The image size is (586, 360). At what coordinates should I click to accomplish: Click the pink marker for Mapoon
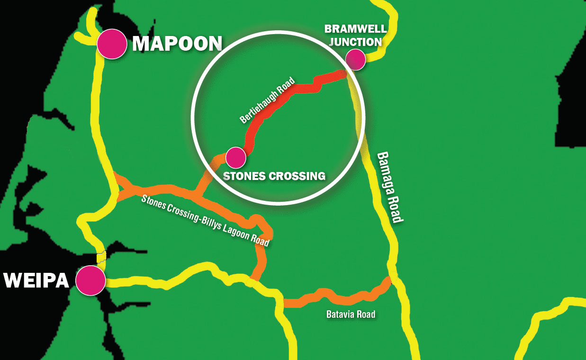click(x=112, y=44)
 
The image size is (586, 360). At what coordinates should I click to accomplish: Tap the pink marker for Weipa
click(x=90, y=280)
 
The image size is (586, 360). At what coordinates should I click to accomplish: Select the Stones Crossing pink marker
click(x=235, y=157)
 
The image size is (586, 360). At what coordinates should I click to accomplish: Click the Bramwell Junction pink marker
click(x=355, y=59)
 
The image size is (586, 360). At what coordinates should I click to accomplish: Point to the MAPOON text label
click(x=177, y=44)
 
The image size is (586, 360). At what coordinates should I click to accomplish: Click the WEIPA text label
click(x=36, y=280)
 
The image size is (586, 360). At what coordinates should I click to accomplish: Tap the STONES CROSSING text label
click(x=274, y=176)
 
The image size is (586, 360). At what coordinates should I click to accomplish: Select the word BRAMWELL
click(x=355, y=29)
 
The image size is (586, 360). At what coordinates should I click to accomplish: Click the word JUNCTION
click(x=355, y=42)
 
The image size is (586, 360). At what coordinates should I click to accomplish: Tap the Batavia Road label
click(x=351, y=314)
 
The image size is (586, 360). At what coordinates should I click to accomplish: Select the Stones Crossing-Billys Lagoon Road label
click(x=205, y=220)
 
